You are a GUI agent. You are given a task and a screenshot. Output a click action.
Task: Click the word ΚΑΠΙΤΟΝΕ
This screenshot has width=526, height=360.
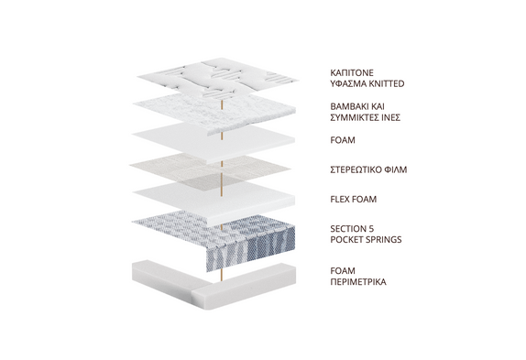pos(352,73)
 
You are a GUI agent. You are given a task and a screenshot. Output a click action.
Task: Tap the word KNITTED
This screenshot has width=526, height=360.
pos(387,83)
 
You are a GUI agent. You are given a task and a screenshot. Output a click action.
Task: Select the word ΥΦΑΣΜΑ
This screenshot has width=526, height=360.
pos(348,83)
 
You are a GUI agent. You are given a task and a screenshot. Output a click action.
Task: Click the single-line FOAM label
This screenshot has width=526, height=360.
pos(343,140)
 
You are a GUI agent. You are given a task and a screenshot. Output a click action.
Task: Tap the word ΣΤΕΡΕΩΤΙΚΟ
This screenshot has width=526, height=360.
pos(356,169)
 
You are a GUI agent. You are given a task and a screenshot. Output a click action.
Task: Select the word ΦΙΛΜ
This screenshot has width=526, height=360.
pos(396,169)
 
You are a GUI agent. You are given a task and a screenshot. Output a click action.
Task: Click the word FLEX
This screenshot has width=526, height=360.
pos(339,199)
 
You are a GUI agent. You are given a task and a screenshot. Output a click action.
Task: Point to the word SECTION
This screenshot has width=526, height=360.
pos(347,229)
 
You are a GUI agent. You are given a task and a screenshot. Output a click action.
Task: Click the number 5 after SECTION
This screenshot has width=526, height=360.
pos(371,229)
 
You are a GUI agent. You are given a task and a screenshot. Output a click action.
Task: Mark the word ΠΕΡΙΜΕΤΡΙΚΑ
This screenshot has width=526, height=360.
pos(358,281)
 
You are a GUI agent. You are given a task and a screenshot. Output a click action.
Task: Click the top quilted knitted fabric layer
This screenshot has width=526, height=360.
pos(217,78)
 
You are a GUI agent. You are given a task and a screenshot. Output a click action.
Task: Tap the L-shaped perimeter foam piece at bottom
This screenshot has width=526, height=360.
pos(214,285)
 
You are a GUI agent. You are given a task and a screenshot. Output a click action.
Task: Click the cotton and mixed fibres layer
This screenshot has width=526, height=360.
pos(214,114)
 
